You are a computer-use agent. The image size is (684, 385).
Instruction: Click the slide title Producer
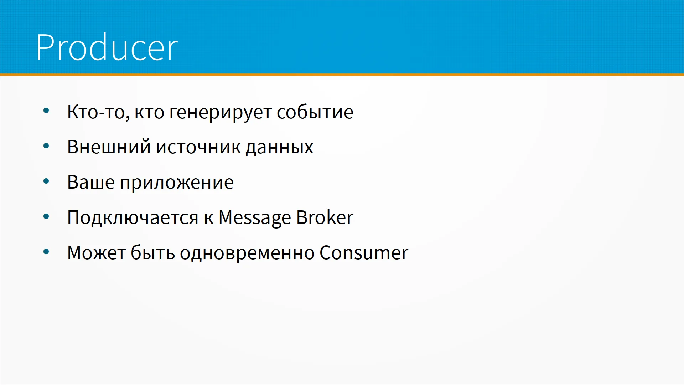107,47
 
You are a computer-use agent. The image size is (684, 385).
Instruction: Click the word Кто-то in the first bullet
98,112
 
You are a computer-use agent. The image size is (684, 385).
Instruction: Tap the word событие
315,112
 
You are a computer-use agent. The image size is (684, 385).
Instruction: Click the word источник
198,147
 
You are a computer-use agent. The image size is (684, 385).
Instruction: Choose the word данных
280,148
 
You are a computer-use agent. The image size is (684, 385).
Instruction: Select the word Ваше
91,182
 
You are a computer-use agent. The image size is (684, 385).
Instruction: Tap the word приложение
177,183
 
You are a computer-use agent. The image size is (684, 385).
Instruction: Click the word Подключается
133,218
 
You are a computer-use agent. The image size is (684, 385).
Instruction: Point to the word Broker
325,217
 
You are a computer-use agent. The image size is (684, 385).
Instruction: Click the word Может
96,253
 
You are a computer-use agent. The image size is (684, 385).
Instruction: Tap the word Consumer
364,253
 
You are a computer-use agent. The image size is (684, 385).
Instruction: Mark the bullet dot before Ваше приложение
46,181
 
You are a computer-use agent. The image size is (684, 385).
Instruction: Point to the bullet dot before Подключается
46,216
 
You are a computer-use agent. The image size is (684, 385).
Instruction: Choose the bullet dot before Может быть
46,252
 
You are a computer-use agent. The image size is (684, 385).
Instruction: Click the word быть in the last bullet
152,252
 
